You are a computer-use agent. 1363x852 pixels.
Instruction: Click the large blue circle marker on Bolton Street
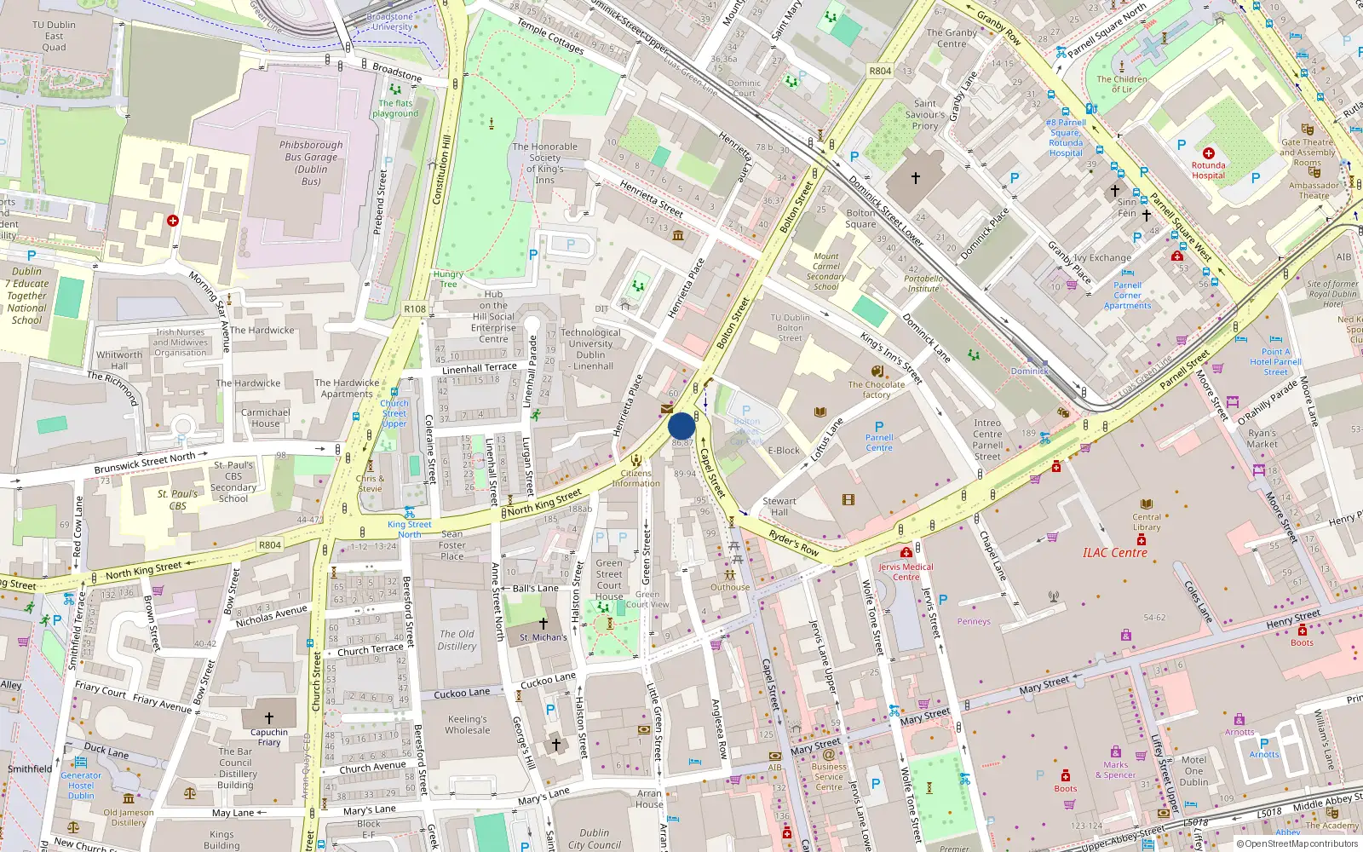tap(681, 426)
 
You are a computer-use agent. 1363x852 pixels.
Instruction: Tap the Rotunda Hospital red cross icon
tap(1208, 153)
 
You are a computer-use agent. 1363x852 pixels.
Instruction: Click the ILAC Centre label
tap(1114, 553)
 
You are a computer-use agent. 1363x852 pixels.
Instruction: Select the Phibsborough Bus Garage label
tap(311, 163)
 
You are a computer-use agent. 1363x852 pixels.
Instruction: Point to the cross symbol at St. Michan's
tap(543, 624)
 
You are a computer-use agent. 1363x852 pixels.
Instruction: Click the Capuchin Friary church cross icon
tap(269, 718)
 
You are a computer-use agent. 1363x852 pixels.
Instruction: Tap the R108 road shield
tap(415, 309)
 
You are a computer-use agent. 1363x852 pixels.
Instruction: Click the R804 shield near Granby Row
tap(880, 71)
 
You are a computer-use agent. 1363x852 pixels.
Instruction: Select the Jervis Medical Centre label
tap(906, 572)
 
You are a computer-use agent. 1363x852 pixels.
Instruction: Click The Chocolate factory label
tap(876, 389)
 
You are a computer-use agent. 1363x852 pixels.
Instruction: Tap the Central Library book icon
tap(1147, 504)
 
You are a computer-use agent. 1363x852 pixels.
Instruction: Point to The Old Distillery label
tap(457, 640)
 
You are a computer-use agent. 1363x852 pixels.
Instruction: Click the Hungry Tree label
tap(448, 279)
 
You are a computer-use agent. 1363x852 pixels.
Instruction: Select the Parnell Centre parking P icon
tap(879, 427)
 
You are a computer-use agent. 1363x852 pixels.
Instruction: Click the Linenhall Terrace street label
tap(479, 368)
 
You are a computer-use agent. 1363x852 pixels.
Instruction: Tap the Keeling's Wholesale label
tap(468, 724)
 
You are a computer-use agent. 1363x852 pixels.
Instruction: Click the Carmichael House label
tap(265, 417)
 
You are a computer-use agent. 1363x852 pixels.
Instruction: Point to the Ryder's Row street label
tap(793, 543)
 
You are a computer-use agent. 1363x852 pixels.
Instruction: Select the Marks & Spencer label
tap(1115, 769)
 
